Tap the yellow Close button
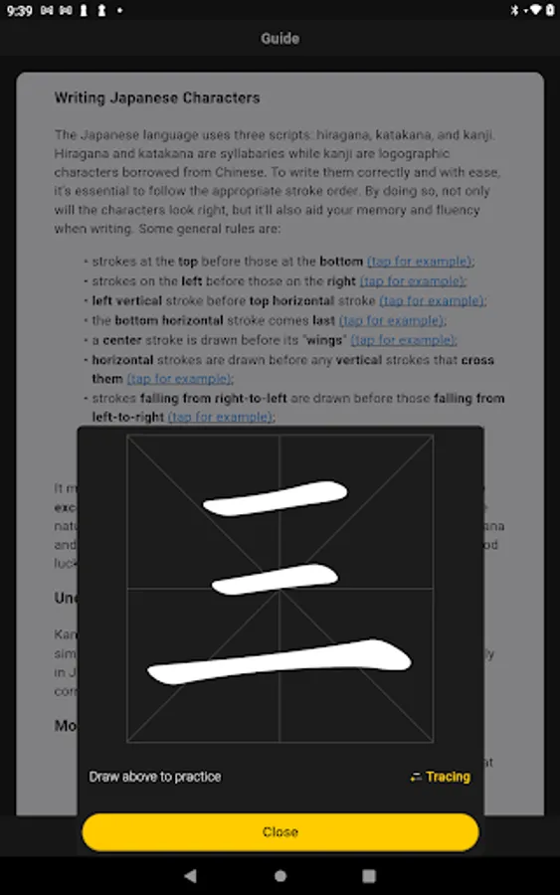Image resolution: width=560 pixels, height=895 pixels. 280,832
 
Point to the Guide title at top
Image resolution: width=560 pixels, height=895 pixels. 280,39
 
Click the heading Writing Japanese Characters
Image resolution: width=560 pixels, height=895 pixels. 157,98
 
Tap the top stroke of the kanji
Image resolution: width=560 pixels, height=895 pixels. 276,498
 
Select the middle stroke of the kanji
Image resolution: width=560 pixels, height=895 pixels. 276,578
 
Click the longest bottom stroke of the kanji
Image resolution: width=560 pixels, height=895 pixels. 280,660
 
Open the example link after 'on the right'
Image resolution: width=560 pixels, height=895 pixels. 412,281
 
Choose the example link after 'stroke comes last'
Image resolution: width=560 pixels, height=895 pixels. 392,321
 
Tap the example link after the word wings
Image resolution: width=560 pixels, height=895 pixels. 403,340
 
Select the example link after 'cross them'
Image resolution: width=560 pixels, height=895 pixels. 179,379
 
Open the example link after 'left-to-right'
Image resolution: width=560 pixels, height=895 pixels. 220,418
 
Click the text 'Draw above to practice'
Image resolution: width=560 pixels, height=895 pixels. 155,777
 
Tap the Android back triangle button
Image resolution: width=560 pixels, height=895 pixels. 190,876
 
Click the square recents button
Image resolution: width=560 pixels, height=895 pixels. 369,876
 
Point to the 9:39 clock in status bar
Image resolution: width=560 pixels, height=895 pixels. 18,10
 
